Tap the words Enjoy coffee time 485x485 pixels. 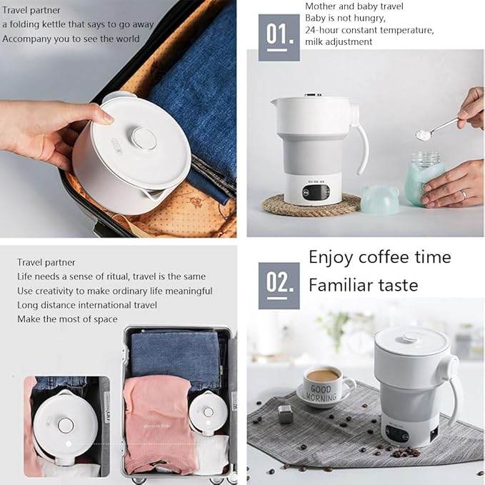(x=379, y=257)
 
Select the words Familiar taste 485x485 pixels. (x=363, y=285)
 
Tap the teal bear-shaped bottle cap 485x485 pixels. (x=379, y=199)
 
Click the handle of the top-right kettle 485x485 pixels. (x=361, y=139)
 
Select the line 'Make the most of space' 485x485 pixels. (x=67, y=319)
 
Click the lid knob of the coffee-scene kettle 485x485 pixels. (x=411, y=337)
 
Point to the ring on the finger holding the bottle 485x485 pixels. (x=464, y=193)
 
